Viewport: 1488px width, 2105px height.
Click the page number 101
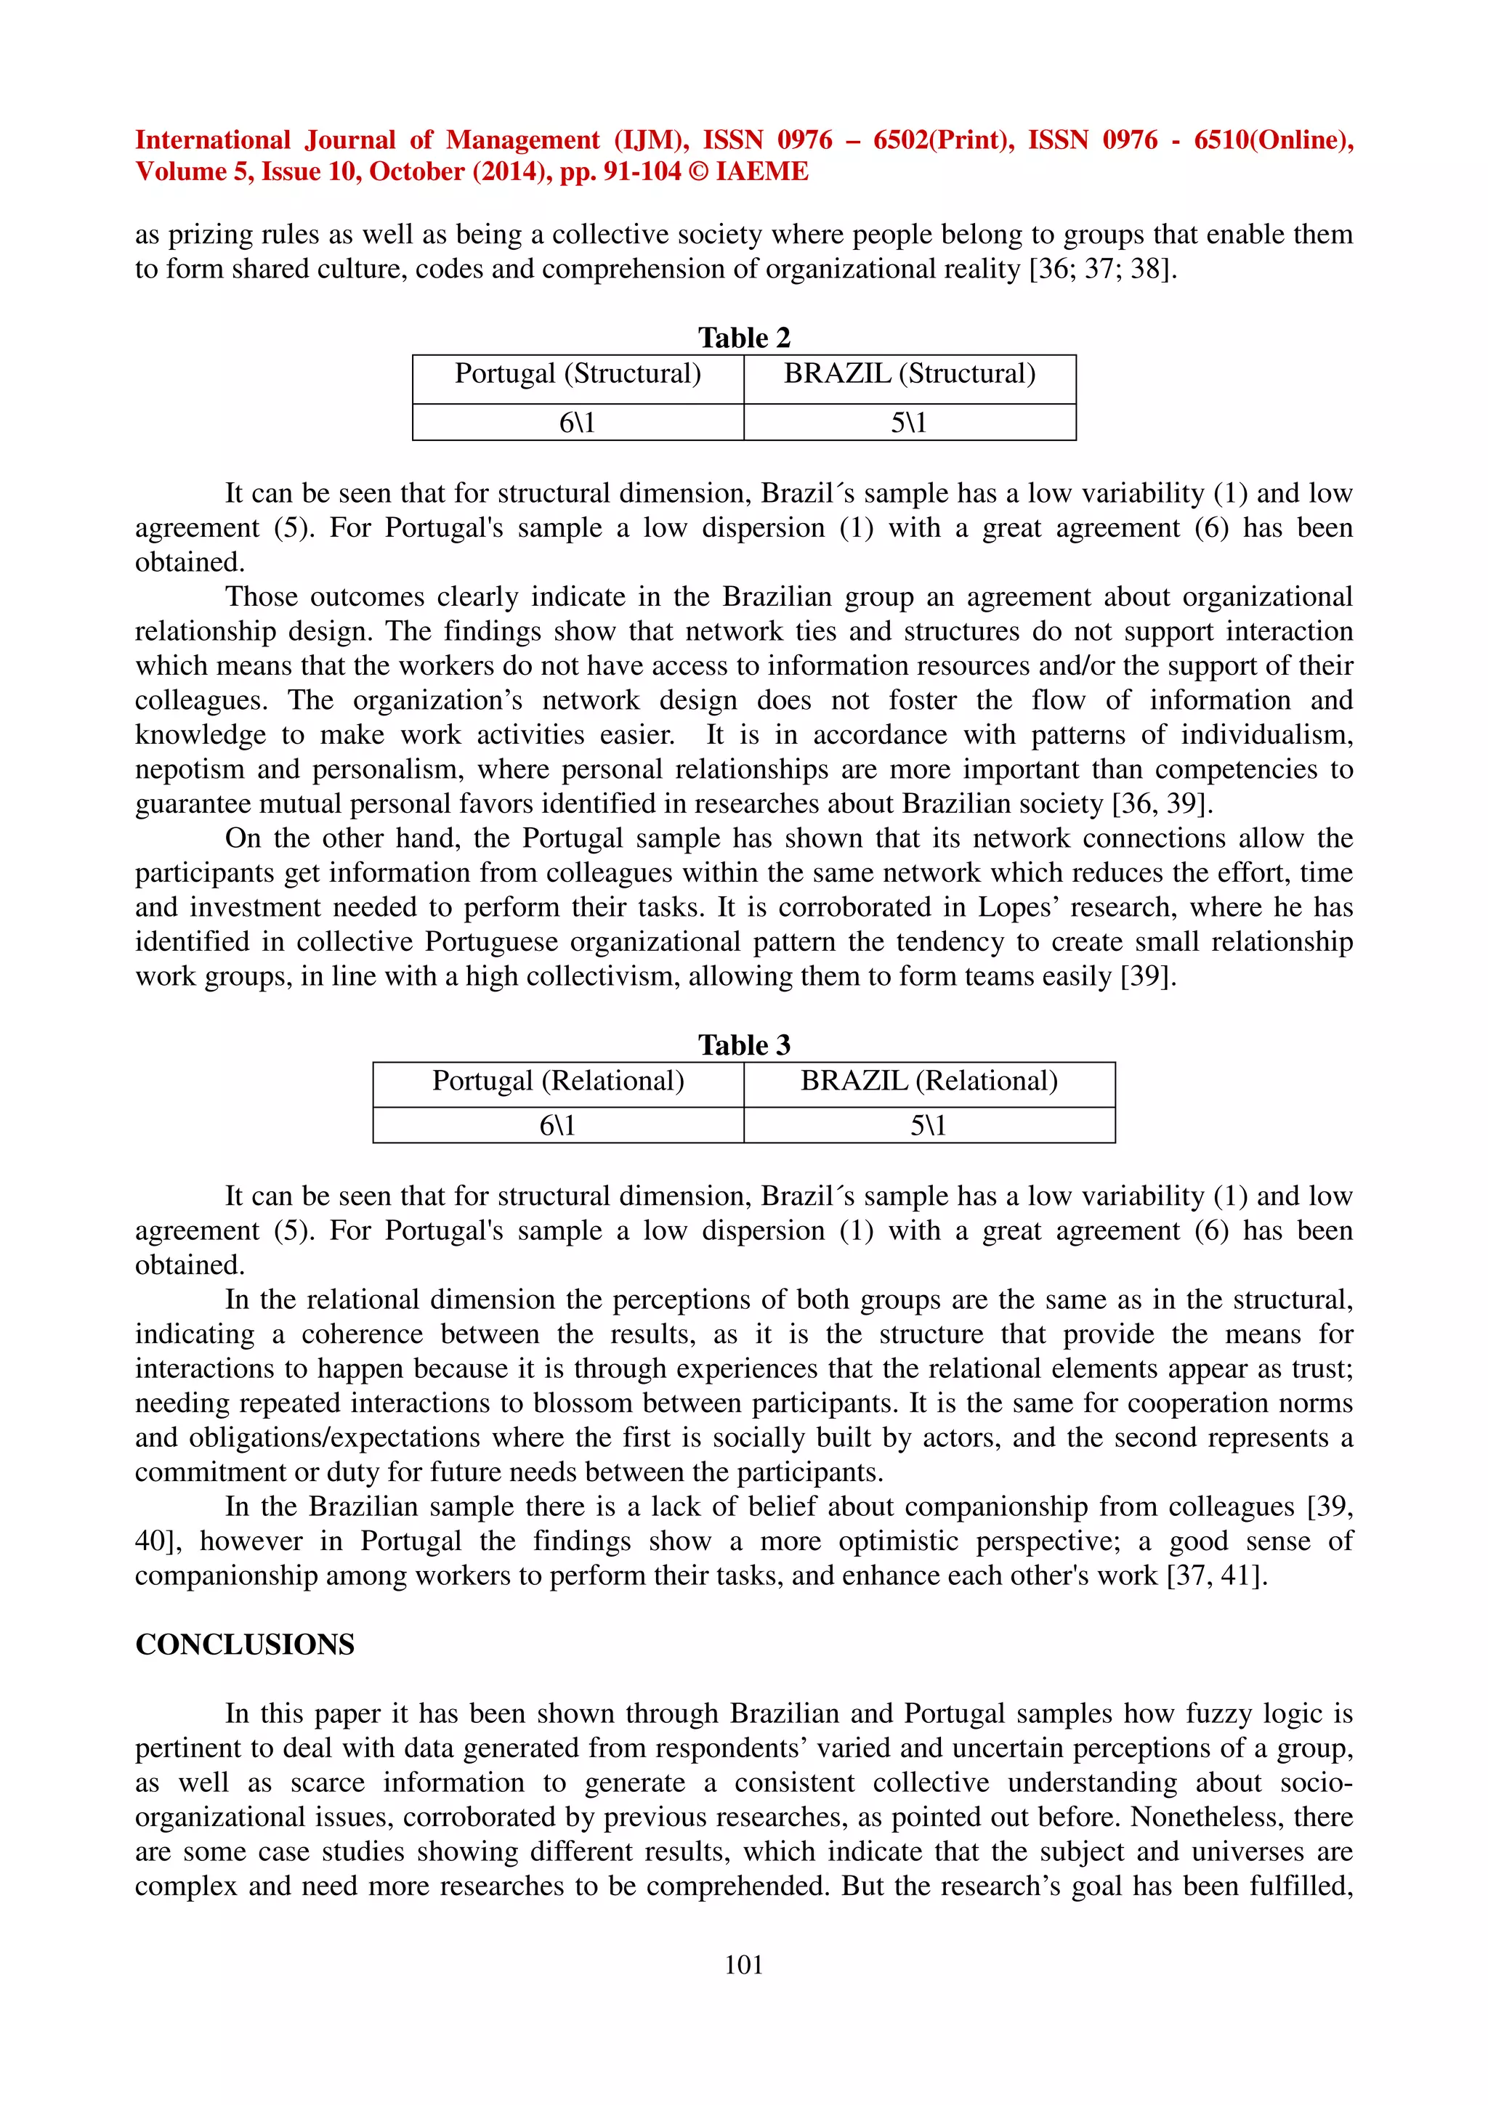click(743, 1964)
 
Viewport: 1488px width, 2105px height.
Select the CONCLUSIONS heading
click(245, 1644)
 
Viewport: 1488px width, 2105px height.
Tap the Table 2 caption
click(743, 337)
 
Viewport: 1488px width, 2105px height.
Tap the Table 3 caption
click(743, 1045)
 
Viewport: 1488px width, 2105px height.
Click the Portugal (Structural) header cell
click(578, 374)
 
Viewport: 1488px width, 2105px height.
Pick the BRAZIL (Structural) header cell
click(910, 374)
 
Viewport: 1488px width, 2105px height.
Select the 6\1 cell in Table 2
click(578, 423)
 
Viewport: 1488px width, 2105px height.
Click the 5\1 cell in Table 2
click(910, 423)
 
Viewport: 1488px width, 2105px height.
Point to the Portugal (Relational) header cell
click(558, 1081)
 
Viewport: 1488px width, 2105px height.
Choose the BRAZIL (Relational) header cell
click(929, 1081)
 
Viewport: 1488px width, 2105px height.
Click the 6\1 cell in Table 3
click(558, 1125)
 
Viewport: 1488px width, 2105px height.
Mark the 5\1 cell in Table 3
click(929, 1125)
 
